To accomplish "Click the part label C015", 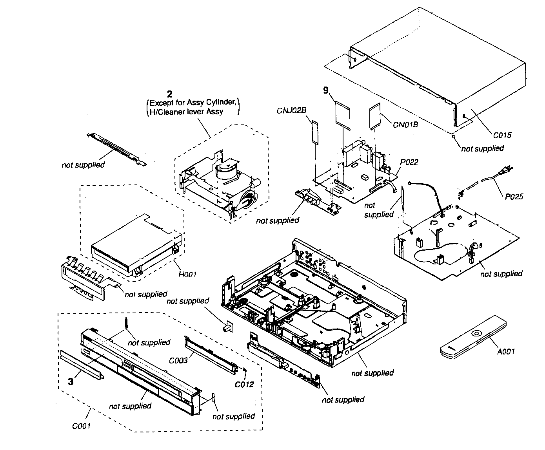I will coord(502,136).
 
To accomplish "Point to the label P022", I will coord(409,162).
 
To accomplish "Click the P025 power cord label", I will coord(514,197).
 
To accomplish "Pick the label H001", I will coord(187,275).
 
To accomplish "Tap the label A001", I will coord(506,351).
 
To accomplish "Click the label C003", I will coord(178,360).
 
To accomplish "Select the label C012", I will coord(244,384).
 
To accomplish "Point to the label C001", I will coord(82,425).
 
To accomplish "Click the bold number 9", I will coord(325,90).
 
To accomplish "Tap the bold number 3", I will coord(71,381).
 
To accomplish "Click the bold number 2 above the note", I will coord(169,94).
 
